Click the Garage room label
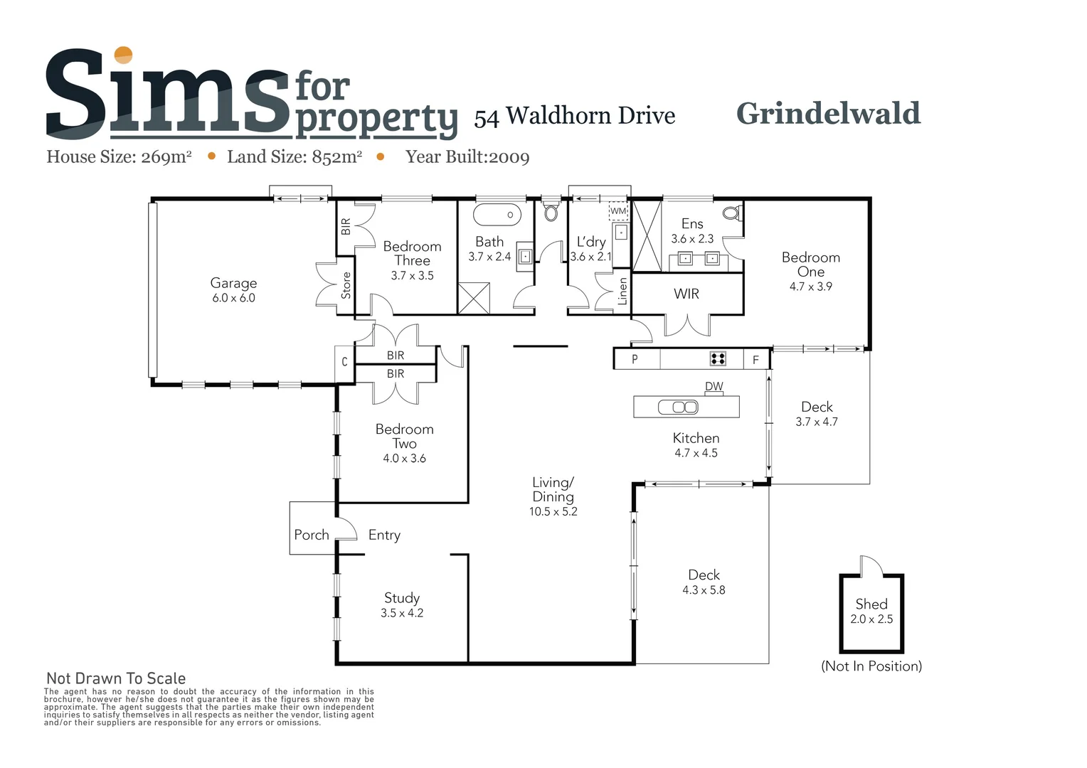[x=233, y=283]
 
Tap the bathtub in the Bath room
[x=497, y=214]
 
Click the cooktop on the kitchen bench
[x=718, y=359]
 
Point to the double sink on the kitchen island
[x=678, y=407]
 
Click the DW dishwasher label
[x=714, y=387]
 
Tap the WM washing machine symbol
[x=618, y=211]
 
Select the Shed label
[x=871, y=604]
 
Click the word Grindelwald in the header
[x=828, y=114]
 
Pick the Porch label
[x=312, y=535]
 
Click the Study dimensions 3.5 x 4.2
[x=402, y=613]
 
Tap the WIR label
[x=686, y=294]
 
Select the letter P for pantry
[x=635, y=360]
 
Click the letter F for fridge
[x=755, y=360]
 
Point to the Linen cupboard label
[x=623, y=292]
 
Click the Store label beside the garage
[x=346, y=285]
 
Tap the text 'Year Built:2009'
[x=467, y=157]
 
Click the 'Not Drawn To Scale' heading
[x=116, y=678]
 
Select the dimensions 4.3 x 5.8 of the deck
[x=704, y=590]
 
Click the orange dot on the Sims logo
[x=124, y=55]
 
